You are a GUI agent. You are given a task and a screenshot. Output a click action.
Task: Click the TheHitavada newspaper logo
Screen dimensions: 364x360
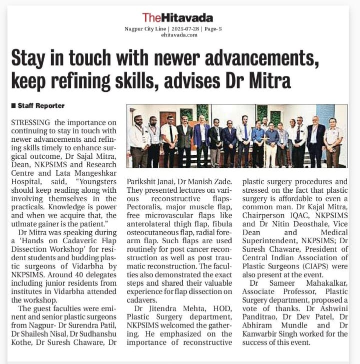177,17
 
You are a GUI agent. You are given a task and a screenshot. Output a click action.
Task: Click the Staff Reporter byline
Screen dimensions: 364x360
41,106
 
